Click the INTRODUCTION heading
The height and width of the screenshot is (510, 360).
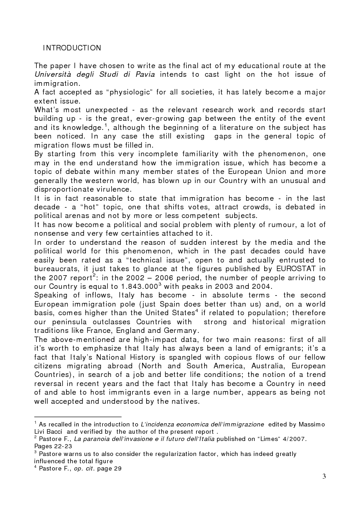click(72, 48)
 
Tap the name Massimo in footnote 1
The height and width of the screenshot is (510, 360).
click(311, 424)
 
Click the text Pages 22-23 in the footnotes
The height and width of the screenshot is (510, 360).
click(52, 446)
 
